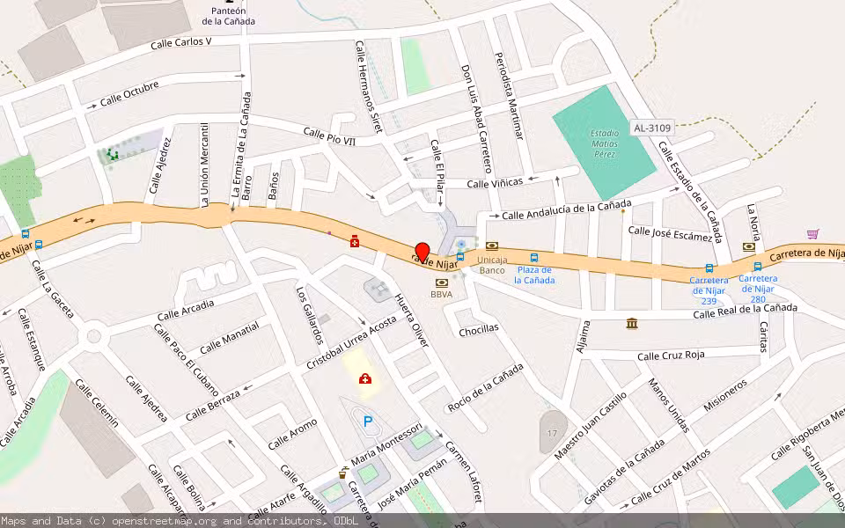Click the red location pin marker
[x=422, y=252]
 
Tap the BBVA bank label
[x=441, y=295]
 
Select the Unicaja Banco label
[x=492, y=265]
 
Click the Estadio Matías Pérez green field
[x=604, y=142]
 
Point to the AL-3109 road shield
[x=651, y=128]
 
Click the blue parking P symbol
[x=368, y=422]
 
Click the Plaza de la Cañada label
[x=534, y=275]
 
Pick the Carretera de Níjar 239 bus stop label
[x=709, y=290]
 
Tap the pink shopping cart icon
[x=812, y=234]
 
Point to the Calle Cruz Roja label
[x=671, y=356]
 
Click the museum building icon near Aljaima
[x=632, y=324]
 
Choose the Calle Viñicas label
[x=495, y=183]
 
